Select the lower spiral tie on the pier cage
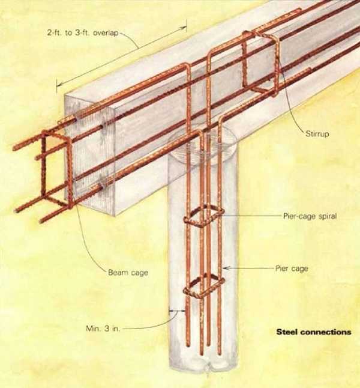[x=203, y=287]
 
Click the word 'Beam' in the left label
[x=116, y=273]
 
